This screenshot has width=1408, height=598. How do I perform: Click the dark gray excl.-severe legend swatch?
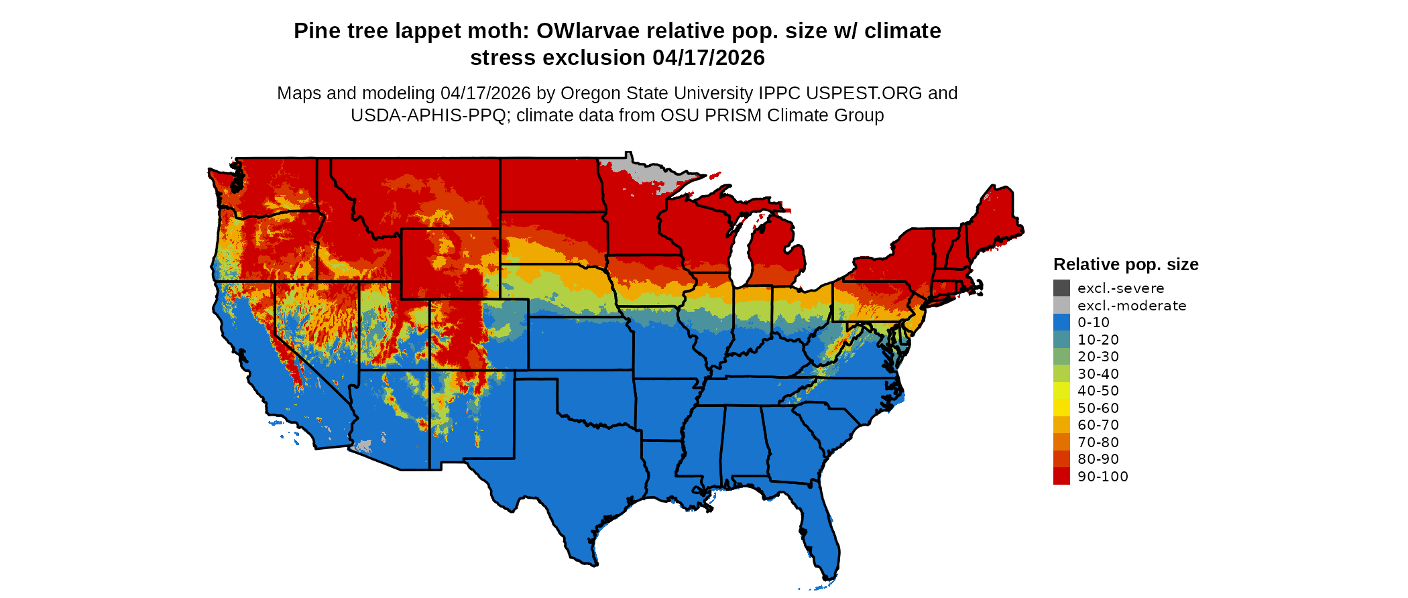1061,288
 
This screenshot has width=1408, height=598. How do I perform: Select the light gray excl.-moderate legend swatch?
1061,306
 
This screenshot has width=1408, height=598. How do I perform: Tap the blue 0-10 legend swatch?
1061,322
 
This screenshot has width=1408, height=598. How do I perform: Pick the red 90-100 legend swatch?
1061,476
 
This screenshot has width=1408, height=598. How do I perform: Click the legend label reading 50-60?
1098,408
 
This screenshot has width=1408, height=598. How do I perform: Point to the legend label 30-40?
1098,374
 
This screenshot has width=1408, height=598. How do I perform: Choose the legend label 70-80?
1098,442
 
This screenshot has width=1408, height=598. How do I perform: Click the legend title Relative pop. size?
1126,265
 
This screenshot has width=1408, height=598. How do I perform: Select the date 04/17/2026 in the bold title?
709,58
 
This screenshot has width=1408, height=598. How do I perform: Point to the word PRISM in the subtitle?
736,115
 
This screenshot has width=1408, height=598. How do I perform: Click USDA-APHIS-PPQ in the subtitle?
428,115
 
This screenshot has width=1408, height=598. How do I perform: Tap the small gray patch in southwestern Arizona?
363,446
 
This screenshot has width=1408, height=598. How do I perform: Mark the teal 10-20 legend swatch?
1061,340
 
